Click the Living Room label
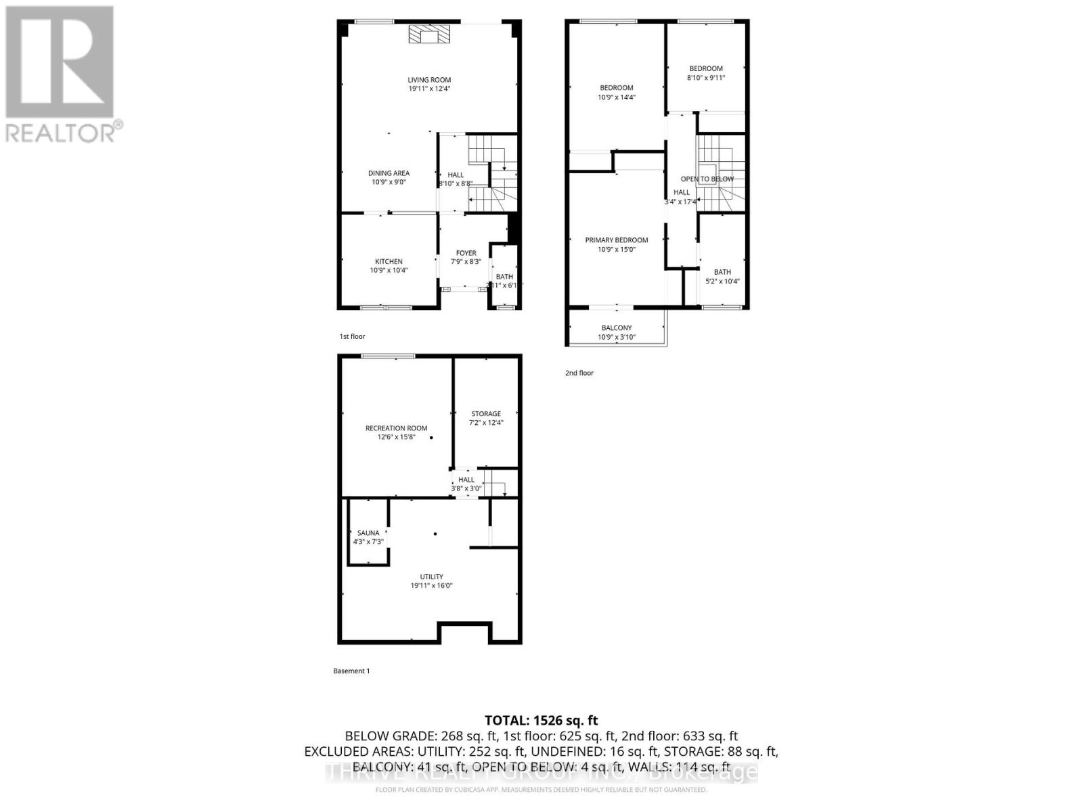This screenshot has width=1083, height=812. pos(429,80)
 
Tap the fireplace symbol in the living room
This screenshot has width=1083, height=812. pos(428,35)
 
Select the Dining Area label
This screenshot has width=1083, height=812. pos(389,173)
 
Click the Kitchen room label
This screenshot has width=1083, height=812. pos(389,262)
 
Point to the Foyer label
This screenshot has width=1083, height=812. pos(466,253)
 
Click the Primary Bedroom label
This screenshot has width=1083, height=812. pos(616,240)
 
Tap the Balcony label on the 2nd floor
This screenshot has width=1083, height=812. pos(616,328)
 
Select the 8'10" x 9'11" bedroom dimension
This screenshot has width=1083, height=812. pos(706,78)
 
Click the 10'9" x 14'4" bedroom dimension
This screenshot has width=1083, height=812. pos(616,97)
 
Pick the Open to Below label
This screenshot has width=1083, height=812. pos(707,179)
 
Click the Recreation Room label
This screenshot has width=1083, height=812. pos(396,428)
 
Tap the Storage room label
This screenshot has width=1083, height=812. pos(486,413)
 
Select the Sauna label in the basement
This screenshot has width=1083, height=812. pos(368,533)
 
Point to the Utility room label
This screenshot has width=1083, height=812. pos(431,577)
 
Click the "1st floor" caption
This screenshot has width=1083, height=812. pos(352,336)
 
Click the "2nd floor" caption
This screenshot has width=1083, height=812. pos(579,373)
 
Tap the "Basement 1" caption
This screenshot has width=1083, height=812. pos(351,671)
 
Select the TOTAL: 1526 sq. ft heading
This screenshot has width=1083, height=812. pos(541,721)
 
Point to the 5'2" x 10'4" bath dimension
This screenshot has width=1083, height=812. pos(722,281)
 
